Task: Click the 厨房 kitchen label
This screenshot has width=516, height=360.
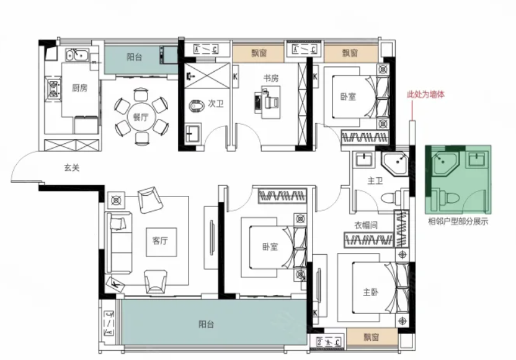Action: [x=79, y=88]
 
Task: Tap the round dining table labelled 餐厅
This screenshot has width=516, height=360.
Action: [x=141, y=116]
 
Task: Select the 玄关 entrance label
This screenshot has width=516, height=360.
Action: [x=71, y=168]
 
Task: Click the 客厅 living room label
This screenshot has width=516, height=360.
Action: [x=160, y=240]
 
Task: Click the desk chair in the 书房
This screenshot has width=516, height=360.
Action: [x=272, y=101]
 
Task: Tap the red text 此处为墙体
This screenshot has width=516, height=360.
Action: [x=425, y=94]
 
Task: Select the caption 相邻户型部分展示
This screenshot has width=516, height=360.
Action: [x=458, y=221]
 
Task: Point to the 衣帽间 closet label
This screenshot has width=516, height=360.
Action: [x=366, y=225]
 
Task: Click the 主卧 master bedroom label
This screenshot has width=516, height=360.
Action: [x=370, y=292]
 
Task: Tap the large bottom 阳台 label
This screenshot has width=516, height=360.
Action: [x=207, y=324]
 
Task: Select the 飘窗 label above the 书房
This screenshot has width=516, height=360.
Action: [x=259, y=53]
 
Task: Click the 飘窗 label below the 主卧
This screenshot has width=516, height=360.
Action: [x=371, y=337]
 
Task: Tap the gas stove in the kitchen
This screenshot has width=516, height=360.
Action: [x=53, y=89]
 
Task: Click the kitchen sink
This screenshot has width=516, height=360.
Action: [x=77, y=55]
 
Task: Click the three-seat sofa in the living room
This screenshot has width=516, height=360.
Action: [x=118, y=243]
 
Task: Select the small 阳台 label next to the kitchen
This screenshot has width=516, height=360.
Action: [x=134, y=57]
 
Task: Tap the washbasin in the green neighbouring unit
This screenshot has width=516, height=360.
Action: [x=476, y=159]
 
